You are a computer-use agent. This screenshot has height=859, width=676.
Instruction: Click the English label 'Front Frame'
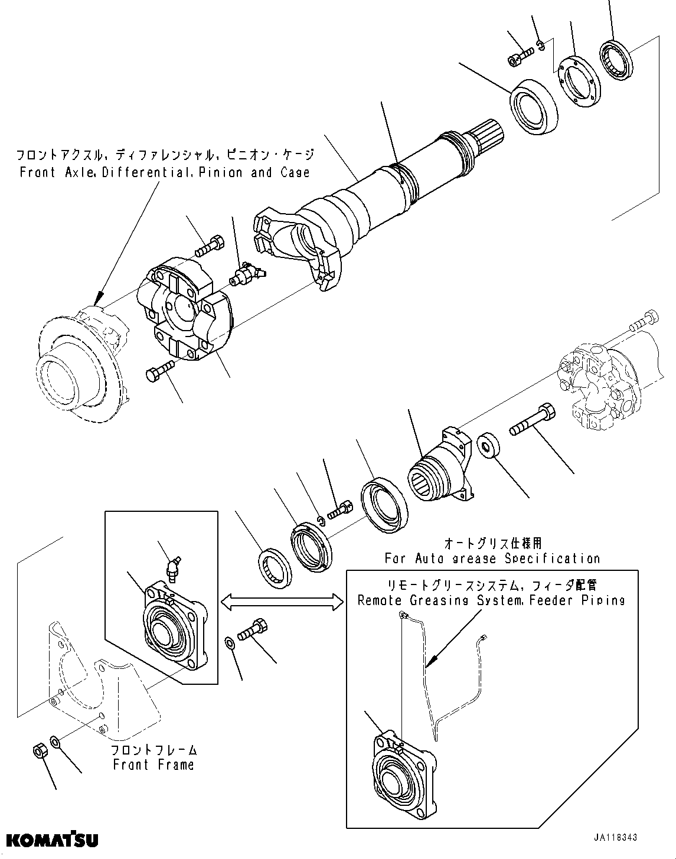pos(154,765)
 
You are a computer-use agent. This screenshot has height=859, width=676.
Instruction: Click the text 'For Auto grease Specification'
pos(492,558)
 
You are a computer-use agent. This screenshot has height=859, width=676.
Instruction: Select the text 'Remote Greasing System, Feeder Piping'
pos(491,600)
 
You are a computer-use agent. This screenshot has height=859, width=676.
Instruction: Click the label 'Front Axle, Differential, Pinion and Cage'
pos(164,172)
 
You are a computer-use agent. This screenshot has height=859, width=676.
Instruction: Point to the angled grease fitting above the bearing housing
pos(174,570)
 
